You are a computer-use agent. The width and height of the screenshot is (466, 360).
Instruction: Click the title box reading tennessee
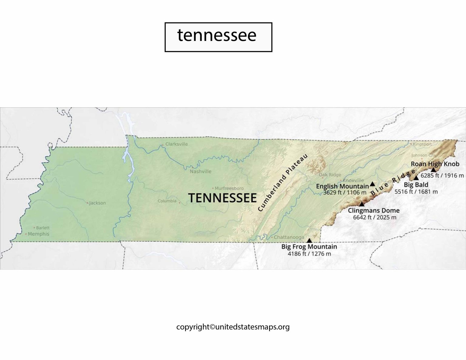218,37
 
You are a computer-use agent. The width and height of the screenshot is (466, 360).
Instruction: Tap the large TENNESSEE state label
222,198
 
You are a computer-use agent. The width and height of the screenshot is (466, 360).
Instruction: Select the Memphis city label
38,234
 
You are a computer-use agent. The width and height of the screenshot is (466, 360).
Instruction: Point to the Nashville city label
201,171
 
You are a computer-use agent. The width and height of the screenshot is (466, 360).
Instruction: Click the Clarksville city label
177,144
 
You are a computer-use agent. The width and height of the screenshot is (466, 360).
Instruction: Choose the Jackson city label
97,203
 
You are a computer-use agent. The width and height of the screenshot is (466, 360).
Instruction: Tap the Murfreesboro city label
229,188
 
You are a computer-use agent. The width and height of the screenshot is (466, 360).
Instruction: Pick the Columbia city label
167,201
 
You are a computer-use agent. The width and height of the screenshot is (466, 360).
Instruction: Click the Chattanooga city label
289,237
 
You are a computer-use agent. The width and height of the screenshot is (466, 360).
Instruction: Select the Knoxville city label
353,180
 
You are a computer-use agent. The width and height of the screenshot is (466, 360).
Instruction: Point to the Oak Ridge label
330,175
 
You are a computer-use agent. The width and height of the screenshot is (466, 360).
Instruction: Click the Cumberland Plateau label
283,183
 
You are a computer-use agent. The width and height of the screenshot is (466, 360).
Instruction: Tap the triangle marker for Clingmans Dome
362,204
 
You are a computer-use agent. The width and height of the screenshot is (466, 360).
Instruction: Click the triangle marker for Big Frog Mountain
309,240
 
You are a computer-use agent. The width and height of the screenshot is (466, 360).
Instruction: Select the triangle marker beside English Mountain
372,184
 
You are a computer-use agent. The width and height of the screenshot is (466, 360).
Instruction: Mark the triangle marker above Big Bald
416,177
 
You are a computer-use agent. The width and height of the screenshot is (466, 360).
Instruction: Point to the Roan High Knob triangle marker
433,170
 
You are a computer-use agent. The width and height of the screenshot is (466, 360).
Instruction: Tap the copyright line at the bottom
233,327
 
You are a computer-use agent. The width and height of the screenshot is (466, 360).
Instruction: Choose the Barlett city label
43,227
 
